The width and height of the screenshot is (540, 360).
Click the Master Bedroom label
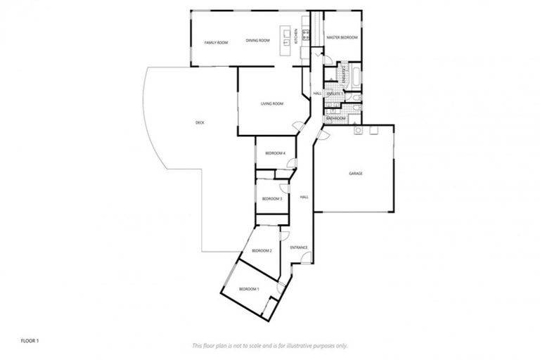(342, 37)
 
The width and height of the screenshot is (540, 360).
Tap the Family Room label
(216, 43)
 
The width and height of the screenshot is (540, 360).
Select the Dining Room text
(258, 41)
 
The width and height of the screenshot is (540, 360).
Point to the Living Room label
(271, 104)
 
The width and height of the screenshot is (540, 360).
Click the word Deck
(200, 123)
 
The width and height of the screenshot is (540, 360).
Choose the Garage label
(356, 173)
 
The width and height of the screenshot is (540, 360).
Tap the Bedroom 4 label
(274, 153)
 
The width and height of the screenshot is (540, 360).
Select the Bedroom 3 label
(271, 199)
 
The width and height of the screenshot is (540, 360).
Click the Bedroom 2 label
(262, 250)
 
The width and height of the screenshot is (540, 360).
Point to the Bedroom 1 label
(248, 290)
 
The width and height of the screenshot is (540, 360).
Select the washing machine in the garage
(358, 130)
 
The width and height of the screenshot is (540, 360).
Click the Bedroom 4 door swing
(292, 164)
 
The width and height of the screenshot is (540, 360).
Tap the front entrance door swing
(305, 259)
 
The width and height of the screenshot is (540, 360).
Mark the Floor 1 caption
(30, 340)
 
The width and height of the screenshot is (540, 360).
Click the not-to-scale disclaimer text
(270, 345)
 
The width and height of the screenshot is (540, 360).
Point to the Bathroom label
(335, 118)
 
